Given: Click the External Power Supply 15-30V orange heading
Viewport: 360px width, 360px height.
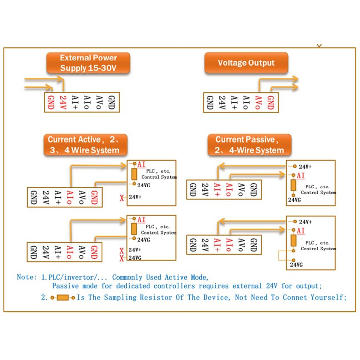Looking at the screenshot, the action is [88, 63].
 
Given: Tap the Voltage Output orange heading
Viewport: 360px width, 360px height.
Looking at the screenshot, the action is [246, 63].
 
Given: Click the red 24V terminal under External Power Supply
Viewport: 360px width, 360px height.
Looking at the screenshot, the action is [63, 102].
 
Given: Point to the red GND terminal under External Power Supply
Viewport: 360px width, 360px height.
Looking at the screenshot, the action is [51, 102].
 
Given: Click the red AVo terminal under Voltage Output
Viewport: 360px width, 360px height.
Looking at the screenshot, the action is [258, 102].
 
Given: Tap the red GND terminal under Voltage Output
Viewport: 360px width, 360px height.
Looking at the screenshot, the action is [271, 102].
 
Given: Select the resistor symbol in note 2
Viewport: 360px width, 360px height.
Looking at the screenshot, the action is [63, 297].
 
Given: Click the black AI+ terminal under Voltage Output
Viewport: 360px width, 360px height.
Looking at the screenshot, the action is [234, 102].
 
